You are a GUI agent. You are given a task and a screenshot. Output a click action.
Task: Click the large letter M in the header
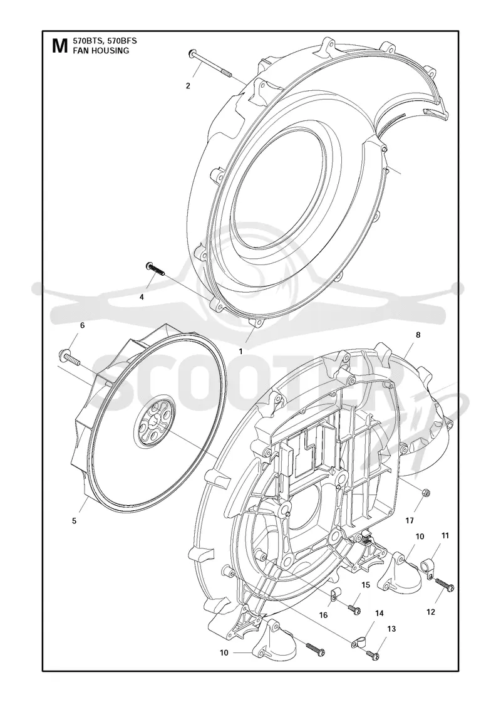pyautogui.click(x=59, y=46)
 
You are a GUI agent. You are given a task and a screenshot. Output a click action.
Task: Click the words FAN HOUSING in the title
pyautogui.click(x=95, y=51)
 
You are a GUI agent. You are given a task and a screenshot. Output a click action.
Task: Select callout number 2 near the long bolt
pyautogui.click(x=188, y=85)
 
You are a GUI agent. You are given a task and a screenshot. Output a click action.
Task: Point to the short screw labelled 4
pyautogui.click(x=155, y=270)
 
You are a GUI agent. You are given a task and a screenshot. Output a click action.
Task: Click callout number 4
pyautogui.click(x=142, y=296)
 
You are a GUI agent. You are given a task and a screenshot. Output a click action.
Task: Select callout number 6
pyautogui.click(x=82, y=325)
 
